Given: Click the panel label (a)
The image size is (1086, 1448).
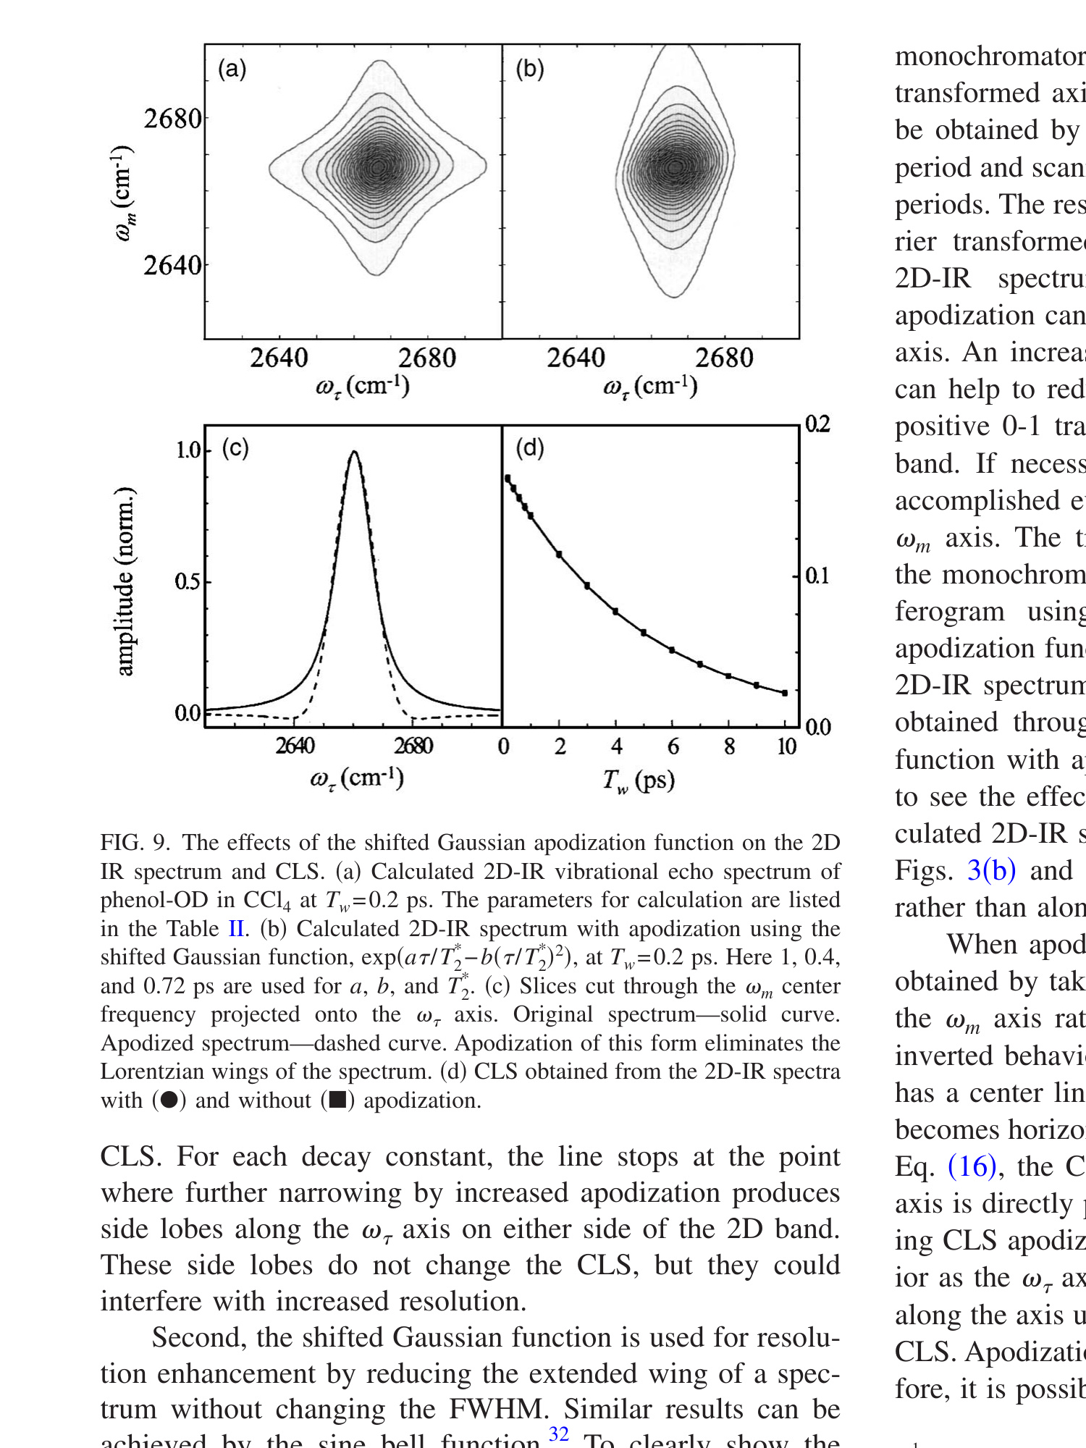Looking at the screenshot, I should (232, 69).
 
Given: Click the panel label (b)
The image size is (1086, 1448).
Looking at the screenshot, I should (529, 69).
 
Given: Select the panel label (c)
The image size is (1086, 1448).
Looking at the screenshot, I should (235, 448).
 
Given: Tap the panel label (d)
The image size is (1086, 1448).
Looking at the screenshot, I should (530, 448).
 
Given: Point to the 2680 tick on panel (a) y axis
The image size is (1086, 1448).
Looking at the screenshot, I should (172, 119).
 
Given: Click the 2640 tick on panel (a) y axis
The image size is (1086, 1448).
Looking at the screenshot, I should (172, 266).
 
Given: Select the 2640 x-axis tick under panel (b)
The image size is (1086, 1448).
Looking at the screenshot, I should (576, 358).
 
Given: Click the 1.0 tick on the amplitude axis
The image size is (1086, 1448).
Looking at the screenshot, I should (188, 450).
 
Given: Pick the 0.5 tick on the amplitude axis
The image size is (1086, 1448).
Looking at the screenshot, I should (188, 581).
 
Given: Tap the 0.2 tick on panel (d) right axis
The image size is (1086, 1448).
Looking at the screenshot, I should (817, 424).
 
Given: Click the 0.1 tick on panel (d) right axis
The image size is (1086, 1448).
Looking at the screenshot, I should (817, 576).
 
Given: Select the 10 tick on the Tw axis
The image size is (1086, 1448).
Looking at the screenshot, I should (786, 746).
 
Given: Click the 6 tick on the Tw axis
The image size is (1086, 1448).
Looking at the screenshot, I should (673, 746).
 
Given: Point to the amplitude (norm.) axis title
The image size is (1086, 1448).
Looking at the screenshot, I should (125, 581).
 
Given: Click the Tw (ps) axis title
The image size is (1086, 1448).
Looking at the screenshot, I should (639, 780).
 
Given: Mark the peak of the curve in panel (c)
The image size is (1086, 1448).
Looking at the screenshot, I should (354, 452).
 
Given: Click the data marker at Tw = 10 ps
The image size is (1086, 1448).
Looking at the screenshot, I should (785, 693).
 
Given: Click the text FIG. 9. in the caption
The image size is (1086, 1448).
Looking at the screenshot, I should (135, 843).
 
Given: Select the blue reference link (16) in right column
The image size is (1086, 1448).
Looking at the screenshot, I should (972, 1166).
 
